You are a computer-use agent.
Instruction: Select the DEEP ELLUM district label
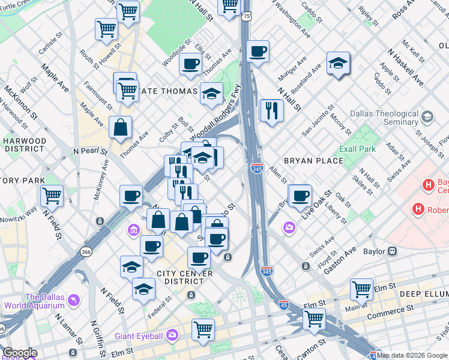click(424, 293)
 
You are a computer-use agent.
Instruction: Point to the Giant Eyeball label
click(140, 334)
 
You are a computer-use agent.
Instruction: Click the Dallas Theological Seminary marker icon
click(427, 116)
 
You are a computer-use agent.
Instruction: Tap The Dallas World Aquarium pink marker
click(73, 299)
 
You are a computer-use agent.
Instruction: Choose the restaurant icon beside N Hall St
click(271, 110)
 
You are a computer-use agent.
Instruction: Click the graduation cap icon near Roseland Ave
click(338, 63)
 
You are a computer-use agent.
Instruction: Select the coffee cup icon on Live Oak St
click(300, 194)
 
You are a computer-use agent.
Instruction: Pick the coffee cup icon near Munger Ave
click(258, 52)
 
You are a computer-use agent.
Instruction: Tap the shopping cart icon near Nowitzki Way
click(52, 195)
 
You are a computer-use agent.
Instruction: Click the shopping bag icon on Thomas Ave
click(121, 127)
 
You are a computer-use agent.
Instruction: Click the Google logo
click(20, 353)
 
